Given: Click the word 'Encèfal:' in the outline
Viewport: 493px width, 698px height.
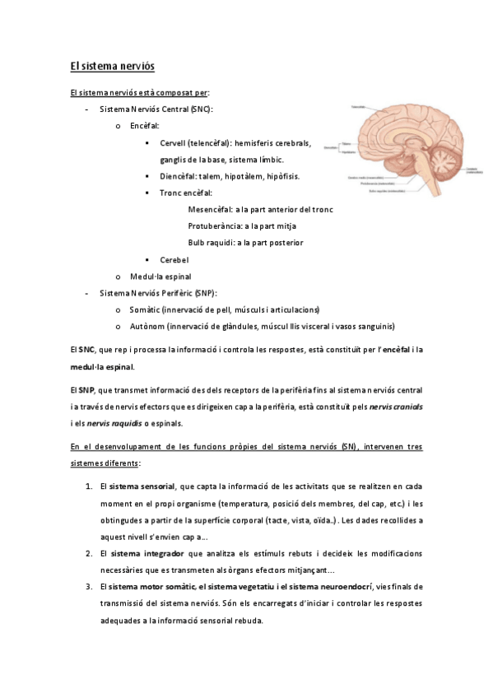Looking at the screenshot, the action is coord(145,126).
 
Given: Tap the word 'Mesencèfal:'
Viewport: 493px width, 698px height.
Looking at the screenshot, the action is coord(211,209).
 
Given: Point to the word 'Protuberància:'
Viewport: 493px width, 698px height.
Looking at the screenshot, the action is coord(215,226).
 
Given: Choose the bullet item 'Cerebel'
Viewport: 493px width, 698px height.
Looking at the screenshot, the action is coord(174,260).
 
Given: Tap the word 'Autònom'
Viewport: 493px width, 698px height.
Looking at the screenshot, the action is coord(147,326).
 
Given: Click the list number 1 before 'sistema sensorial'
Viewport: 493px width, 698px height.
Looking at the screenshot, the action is coord(88,487).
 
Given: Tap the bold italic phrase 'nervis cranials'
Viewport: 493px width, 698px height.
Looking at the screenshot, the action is coord(398,407).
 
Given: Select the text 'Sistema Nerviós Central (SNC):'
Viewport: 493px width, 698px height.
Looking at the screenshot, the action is coord(156,109).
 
